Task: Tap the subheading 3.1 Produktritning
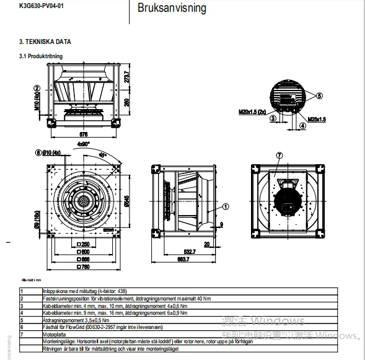click(41, 56)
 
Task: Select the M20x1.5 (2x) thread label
click(252, 113)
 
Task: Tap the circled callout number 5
click(319, 96)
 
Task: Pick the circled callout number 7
click(279, 154)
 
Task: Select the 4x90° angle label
click(83, 144)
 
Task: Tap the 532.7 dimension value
click(189, 251)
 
